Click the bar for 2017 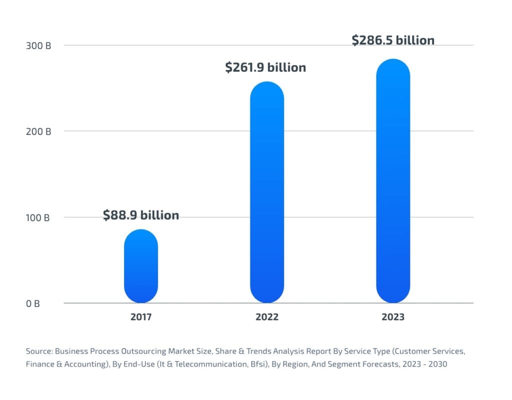141,266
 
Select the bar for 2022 267,192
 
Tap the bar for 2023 393,181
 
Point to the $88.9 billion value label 140,215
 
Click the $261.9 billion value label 265,67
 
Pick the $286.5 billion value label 393,40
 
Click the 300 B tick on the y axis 38,46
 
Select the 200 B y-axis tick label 38,132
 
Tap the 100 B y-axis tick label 37,217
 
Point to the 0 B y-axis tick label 32,303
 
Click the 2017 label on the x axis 141,316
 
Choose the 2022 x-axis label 267,316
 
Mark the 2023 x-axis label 393,316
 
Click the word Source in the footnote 39,351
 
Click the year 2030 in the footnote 438,364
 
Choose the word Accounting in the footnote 85,364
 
